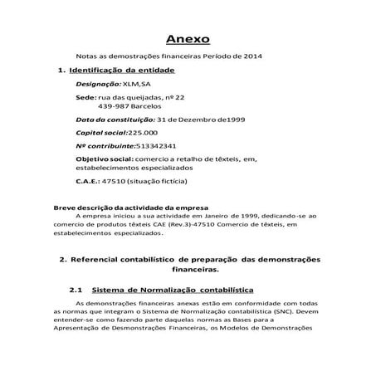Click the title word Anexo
[x=188, y=39]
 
